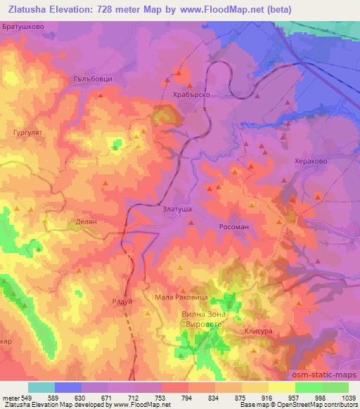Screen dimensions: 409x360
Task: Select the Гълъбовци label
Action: [x=93, y=79]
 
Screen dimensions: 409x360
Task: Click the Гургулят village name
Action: [x=29, y=131]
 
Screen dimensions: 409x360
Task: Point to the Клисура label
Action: [x=258, y=330]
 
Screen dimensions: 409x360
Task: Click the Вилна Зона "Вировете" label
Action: [x=196, y=320]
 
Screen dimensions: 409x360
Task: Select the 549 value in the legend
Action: [x=32, y=397]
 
